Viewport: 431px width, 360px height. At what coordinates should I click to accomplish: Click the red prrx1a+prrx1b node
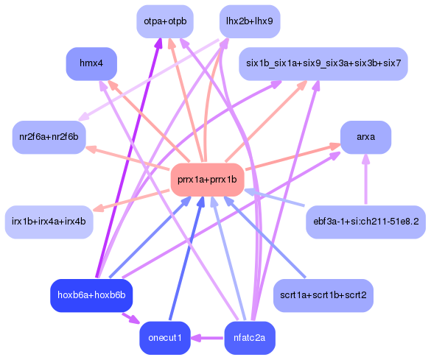coord(207,180)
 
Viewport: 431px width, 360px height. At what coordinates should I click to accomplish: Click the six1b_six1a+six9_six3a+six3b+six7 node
coord(323,63)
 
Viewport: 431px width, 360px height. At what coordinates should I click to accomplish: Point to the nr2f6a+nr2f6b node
coord(49,137)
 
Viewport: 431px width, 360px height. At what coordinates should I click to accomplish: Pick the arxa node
coord(365,137)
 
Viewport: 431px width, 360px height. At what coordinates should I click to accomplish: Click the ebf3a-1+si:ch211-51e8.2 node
coord(365,221)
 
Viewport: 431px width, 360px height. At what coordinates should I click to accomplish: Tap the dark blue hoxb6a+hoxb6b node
coord(91,295)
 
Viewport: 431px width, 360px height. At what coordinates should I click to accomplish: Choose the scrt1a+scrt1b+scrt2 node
coord(323,295)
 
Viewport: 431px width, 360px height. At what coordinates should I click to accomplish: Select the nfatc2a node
coord(250,338)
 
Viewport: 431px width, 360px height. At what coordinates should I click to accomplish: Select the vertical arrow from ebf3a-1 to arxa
coord(365,180)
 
